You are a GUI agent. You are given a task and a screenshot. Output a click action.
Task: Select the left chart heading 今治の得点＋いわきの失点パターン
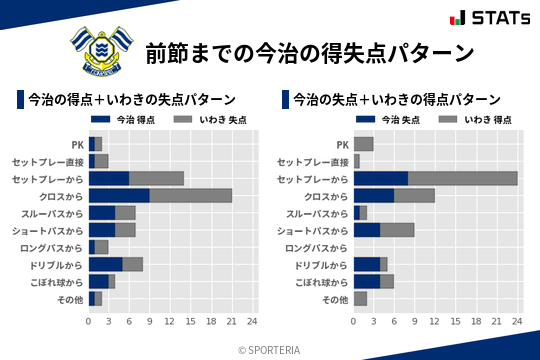(132, 100)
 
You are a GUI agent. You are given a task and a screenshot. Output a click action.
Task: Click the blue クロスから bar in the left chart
(119, 195)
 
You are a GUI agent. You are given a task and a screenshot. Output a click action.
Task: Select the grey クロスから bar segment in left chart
(190, 195)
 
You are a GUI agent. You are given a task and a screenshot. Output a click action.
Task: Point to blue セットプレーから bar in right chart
(381, 178)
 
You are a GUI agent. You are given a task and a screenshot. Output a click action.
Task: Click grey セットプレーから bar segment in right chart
(462, 178)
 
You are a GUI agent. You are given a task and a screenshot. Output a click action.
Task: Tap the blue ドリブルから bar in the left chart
(105, 264)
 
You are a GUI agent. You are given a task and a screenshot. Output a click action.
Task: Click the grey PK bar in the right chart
(363, 144)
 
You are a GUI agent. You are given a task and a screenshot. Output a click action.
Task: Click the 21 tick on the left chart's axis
(231, 322)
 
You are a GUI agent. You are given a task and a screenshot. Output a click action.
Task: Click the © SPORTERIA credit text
(270, 349)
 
